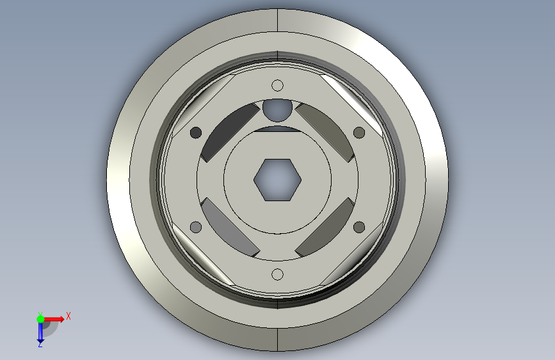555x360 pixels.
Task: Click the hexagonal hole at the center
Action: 278,179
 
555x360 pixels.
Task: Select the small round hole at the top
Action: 278,85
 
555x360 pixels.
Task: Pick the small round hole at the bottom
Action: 278,275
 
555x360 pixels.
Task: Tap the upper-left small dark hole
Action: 196,133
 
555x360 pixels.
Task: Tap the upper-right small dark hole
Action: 359,133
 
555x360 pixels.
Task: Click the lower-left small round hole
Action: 196,227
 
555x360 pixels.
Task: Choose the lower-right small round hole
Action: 359,227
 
